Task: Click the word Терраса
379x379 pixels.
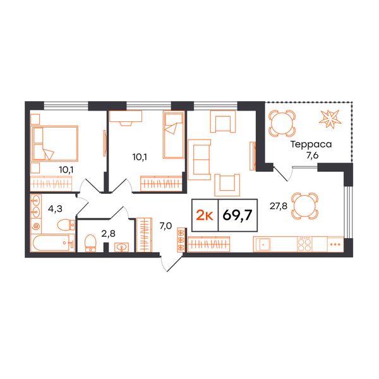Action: (x=311, y=144)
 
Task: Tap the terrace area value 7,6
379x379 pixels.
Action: (x=312, y=155)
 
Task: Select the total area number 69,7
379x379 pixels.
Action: (x=238, y=215)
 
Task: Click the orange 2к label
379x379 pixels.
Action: (x=205, y=215)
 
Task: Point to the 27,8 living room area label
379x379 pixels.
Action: (x=278, y=206)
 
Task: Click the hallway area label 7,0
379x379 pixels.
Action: (x=165, y=226)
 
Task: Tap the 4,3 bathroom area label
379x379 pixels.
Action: (x=55, y=208)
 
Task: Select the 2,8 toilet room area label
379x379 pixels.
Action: (x=108, y=234)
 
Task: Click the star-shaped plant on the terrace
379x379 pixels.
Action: (x=330, y=119)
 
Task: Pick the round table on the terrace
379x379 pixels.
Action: (x=282, y=123)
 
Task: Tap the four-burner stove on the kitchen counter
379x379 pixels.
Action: (x=305, y=244)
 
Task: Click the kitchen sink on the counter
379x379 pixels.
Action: (x=262, y=244)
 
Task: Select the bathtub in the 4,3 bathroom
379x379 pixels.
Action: (x=53, y=243)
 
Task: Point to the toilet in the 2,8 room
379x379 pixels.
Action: (x=90, y=243)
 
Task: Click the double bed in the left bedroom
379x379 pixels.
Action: (x=55, y=143)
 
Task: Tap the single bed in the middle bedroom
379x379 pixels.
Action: (x=174, y=135)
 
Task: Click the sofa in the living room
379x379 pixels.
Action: (x=199, y=160)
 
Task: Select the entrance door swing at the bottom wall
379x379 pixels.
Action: (x=171, y=263)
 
